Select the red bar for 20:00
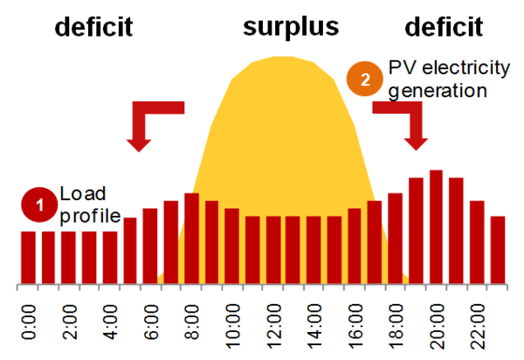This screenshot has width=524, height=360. (x=437, y=227)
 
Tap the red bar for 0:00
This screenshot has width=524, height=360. (x=28, y=258)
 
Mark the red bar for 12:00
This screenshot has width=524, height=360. (x=273, y=250)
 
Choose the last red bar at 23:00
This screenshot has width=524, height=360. (x=498, y=250)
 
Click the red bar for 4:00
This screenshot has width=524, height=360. (x=110, y=258)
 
